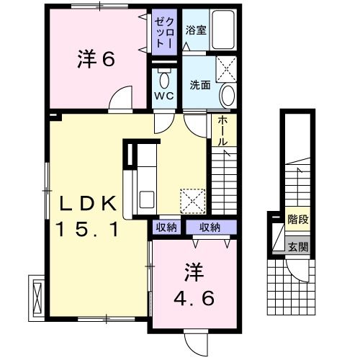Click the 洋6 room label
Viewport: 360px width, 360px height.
(x=96, y=60)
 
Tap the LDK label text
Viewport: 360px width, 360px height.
(x=86, y=204)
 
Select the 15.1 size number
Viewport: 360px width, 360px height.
(x=86, y=230)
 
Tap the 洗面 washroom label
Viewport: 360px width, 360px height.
(x=199, y=84)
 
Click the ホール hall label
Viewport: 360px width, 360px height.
(x=222, y=130)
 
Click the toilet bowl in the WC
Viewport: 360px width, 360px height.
(x=163, y=80)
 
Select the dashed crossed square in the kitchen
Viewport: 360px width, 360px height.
(x=194, y=201)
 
